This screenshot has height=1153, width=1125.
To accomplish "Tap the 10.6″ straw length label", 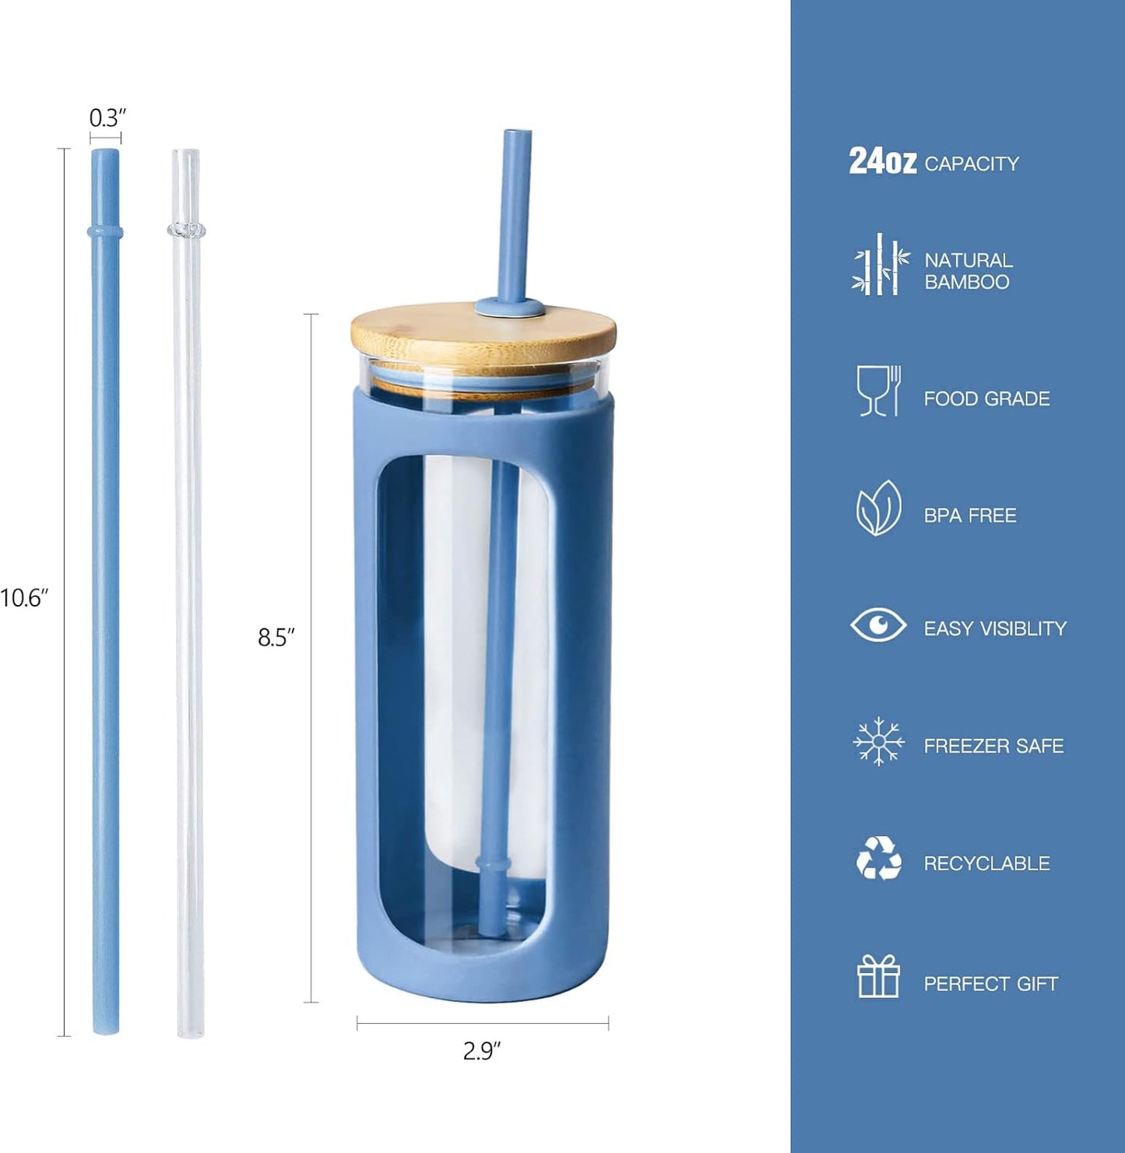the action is pos(23,598).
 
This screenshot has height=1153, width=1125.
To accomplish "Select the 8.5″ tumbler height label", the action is pos(276,638).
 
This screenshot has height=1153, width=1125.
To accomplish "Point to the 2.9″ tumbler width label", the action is pos(482,1051).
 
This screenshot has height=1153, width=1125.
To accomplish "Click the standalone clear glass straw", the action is pos(188,593).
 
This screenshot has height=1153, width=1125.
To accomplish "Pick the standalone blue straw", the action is pos(105,592).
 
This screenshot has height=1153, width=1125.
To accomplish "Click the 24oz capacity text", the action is pos(934,162).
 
